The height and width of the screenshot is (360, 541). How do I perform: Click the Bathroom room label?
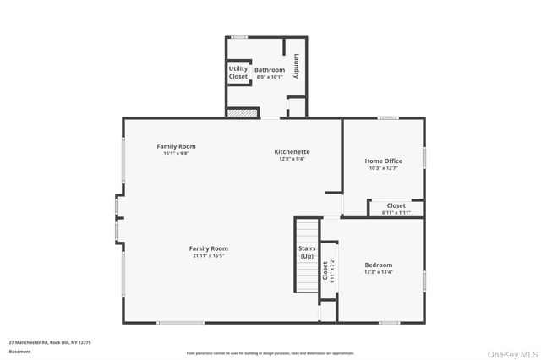coord(269,69)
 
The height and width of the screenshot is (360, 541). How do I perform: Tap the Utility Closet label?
coord(238,73)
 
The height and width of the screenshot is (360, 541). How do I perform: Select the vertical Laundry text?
coord(297,67)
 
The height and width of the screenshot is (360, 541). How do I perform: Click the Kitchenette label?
coord(290,151)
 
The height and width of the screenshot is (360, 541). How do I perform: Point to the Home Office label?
coord(383,161)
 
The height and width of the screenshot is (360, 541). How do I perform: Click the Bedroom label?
coord(378,265)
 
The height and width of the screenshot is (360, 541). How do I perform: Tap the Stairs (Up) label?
coord(306,253)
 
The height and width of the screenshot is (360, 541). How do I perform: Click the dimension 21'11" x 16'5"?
coord(210,255)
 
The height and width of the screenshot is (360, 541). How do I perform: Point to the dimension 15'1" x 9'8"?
coord(176,154)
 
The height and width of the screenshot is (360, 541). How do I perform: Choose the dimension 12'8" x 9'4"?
coord(290,158)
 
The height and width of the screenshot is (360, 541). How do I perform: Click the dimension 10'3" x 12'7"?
coord(383,168)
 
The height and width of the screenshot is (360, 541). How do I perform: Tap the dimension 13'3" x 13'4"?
coord(378,272)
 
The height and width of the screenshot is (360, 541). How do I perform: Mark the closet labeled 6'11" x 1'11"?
coord(396,209)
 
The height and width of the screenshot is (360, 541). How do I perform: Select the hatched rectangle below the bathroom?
coord(241,112)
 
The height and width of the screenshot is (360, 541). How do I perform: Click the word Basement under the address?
coord(19,352)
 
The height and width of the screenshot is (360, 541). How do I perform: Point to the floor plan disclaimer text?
coord(270,353)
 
